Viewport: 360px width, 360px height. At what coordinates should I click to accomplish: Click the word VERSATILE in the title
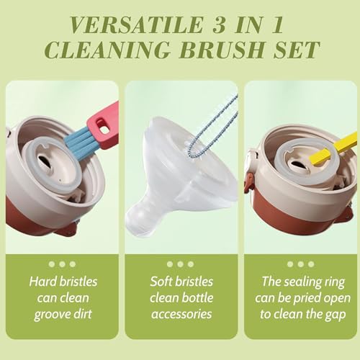coord(136,24)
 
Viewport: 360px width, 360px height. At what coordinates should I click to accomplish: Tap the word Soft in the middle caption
coord(161,282)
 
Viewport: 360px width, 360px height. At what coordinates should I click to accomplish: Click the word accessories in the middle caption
coord(181,314)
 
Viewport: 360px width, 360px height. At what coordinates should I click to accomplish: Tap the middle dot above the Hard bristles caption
coord(62,264)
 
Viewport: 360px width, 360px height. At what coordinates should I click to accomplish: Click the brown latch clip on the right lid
coord(249,183)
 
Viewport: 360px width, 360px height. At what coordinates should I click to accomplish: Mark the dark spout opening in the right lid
coord(298,165)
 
